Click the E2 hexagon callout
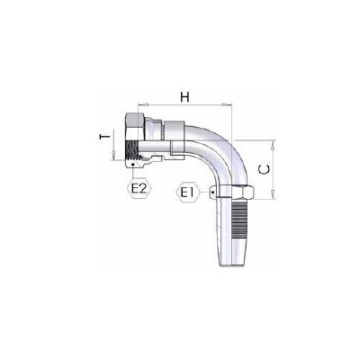pyautogui.click(x=139, y=190)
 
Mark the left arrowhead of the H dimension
pyautogui.click(x=139, y=104)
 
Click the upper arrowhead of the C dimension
pyautogui.click(x=267, y=143)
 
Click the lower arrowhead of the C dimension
pyautogui.click(x=267, y=195)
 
